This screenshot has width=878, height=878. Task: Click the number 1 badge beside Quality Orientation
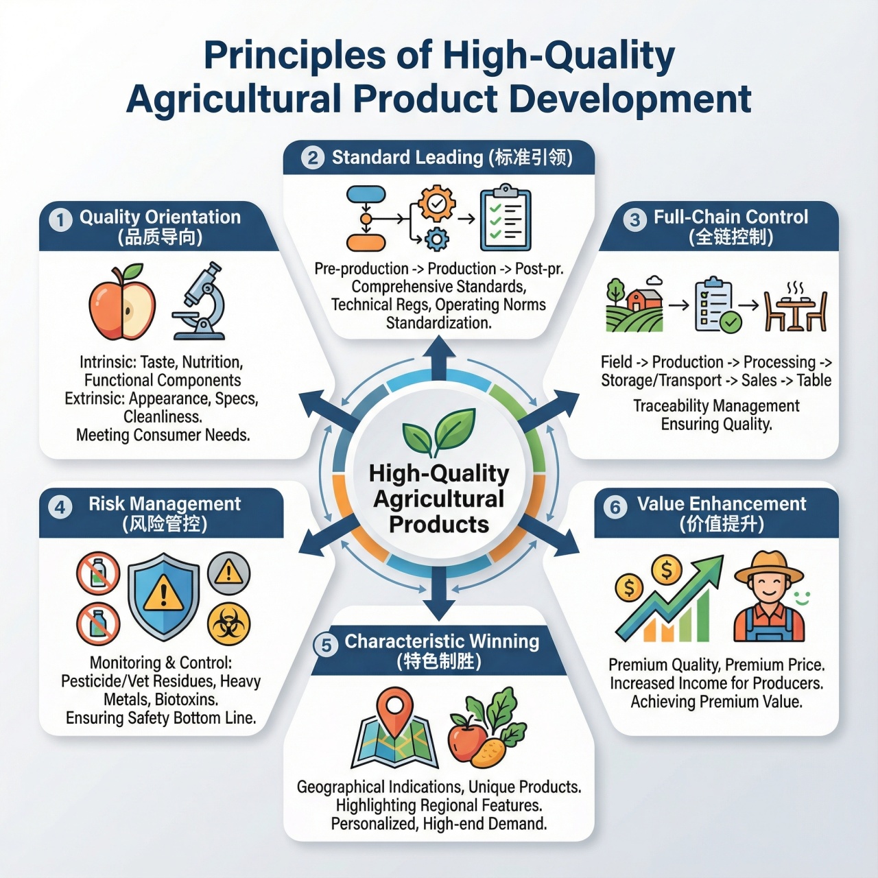[60, 220]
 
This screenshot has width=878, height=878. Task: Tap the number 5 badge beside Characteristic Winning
[326, 645]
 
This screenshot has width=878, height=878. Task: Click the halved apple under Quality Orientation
[122, 302]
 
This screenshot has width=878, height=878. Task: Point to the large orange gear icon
[436, 203]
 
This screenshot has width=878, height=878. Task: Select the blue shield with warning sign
[163, 597]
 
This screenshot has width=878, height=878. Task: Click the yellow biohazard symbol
[228, 624]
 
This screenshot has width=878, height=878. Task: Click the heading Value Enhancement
[722, 503]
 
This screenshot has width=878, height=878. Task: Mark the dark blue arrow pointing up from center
[439, 358]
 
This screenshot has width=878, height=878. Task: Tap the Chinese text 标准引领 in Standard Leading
[531, 158]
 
